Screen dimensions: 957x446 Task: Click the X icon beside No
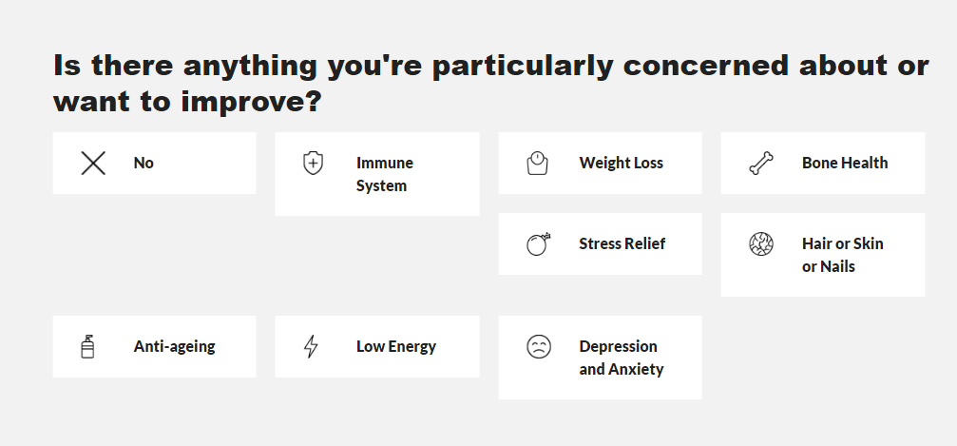pos(93,164)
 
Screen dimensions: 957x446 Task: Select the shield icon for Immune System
pos(313,164)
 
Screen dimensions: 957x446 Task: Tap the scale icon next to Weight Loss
pos(537,164)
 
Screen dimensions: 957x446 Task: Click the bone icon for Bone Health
pos(761,164)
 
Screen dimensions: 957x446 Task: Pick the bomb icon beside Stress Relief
pos(538,243)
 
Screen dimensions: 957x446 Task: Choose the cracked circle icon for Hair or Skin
pos(761,243)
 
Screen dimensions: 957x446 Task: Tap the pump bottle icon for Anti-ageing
pos(87,346)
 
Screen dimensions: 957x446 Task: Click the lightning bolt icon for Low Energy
pos(312,346)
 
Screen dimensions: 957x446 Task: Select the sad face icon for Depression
pos(539,346)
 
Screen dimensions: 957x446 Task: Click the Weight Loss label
pos(622,164)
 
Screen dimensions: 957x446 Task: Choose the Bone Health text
pos(845,164)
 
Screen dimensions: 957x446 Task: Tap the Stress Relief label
pos(622,243)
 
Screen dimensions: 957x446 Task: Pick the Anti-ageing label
pos(175,347)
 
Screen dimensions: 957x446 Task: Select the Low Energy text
pos(396,347)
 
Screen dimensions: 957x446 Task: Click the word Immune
pos(385,164)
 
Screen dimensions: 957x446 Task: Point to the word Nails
pos(837,267)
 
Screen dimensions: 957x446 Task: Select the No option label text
pos(144,164)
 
